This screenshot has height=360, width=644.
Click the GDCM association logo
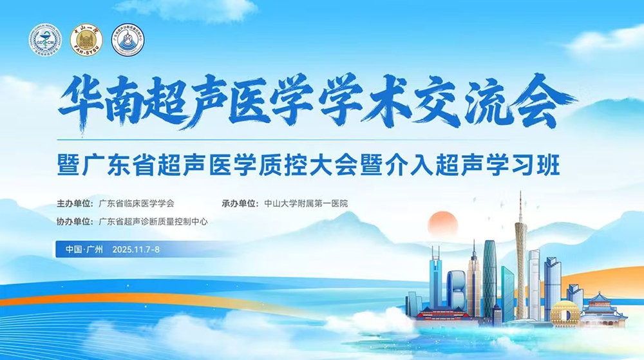(45, 40)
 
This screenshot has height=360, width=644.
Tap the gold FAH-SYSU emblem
(86, 40)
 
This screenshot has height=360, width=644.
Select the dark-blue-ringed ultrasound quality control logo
(128, 40)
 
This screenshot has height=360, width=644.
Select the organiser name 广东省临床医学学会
(137, 203)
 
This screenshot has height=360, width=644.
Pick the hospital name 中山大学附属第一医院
(306, 203)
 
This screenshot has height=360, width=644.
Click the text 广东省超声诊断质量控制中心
(153, 222)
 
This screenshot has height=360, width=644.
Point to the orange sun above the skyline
(442, 223)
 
